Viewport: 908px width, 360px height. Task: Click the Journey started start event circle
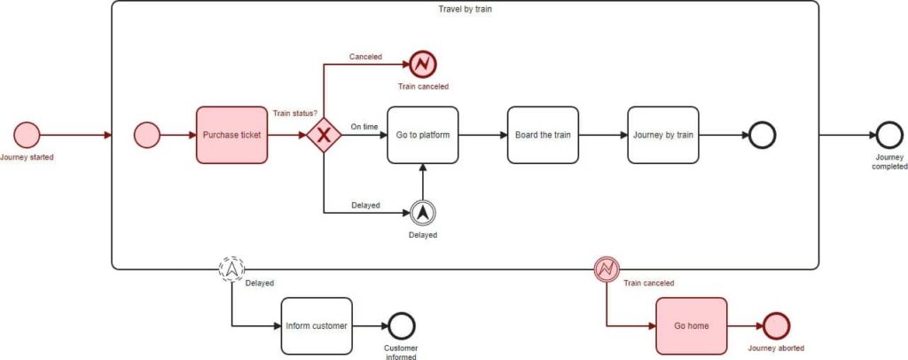27,135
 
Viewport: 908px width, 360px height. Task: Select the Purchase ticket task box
231,135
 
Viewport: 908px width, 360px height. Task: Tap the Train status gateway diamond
324,135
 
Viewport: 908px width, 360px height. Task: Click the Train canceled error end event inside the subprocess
422,64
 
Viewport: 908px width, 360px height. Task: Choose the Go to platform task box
423,135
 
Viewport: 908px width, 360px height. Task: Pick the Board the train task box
543,135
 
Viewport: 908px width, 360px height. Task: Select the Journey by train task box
663,135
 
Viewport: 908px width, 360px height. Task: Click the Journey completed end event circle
888,135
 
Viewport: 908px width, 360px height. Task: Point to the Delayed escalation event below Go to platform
423,212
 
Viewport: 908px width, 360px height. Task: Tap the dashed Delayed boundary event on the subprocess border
232,268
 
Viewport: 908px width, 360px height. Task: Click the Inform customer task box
317,325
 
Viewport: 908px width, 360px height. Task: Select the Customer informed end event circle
402,325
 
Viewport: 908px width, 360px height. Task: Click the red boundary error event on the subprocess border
607,268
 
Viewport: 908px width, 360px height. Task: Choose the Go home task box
692,325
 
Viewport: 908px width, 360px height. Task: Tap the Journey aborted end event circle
776,325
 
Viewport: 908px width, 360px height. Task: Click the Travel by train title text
465,10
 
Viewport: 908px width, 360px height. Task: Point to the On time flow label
364,127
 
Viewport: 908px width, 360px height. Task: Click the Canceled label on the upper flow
365,57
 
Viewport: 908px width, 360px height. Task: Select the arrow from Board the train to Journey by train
602,135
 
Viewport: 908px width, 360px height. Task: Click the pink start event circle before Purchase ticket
146,135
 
